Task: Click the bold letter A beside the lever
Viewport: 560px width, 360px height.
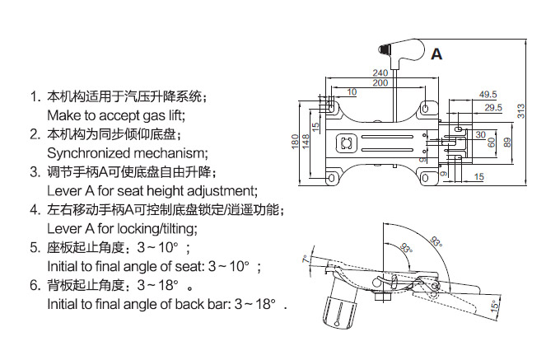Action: pyautogui.click(x=436, y=54)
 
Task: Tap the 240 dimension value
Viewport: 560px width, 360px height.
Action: pyautogui.click(x=380, y=72)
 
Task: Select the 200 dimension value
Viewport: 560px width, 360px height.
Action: pyautogui.click(x=380, y=83)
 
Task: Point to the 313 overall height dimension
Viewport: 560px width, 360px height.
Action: pyautogui.click(x=521, y=111)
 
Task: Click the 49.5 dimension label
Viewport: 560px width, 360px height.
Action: pyautogui.click(x=488, y=94)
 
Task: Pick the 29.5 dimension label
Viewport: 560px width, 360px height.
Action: pyautogui.click(x=493, y=107)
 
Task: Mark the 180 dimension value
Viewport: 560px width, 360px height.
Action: pyautogui.click(x=295, y=142)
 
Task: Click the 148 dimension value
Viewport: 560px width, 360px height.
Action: pyautogui.click(x=306, y=142)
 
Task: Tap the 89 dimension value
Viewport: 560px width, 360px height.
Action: pyautogui.click(x=507, y=142)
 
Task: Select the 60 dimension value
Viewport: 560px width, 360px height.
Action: pyautogui.click(x=492, y=143)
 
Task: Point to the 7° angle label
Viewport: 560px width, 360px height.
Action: pyautogui.click(x=306, y=259)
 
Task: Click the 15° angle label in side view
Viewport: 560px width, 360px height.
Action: pyautogui.click(x=495, y=306)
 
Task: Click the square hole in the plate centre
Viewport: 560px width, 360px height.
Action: pyautogui.click(x=346, y=143)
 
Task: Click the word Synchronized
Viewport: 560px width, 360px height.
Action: pyautogui.click(x=89, y=153)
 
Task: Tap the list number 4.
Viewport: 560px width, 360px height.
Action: pyautogui.click(x=35, y=209)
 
